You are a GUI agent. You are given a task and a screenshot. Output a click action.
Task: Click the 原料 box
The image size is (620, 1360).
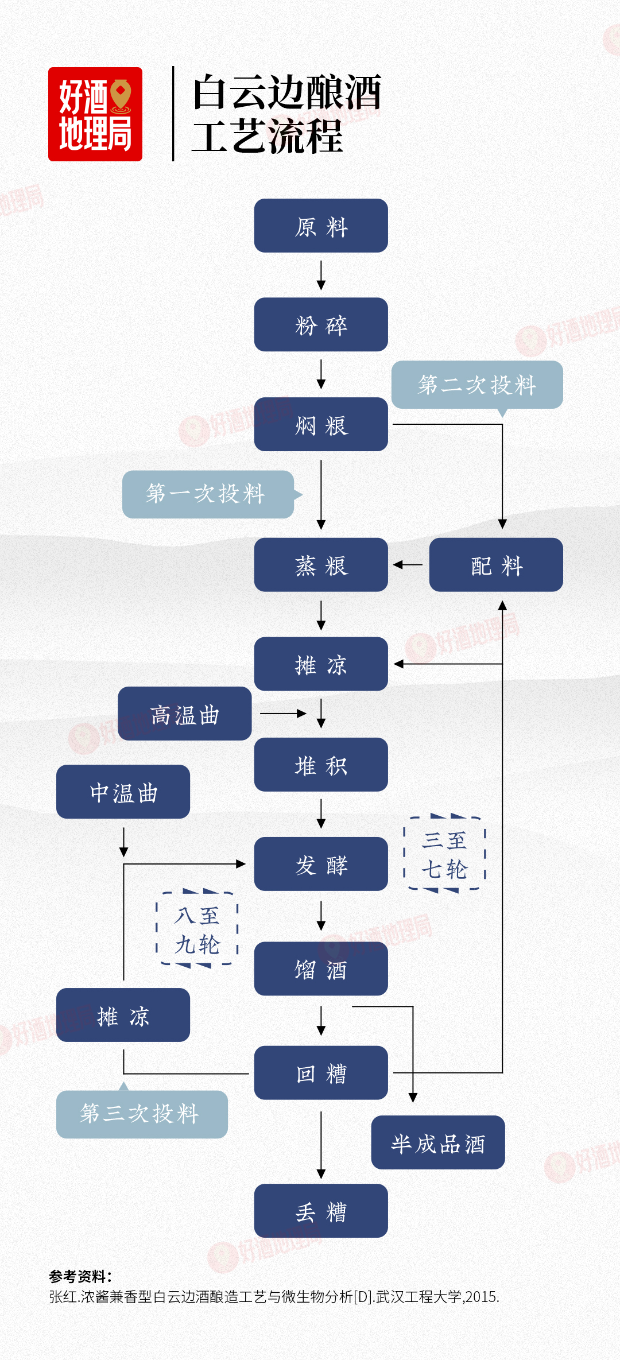(x=321, y=226)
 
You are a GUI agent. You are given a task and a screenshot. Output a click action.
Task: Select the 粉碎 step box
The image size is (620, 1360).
(x=321, y=324)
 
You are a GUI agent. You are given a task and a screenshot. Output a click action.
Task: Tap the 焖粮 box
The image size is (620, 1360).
(x=321, y=424)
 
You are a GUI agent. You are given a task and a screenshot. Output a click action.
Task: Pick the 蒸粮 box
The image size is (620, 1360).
(x=321, y=565)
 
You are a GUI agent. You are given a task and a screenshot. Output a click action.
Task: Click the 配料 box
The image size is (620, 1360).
(x=496, y=565)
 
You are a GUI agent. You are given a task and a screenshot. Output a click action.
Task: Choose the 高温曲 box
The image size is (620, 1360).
(x=184, y=714)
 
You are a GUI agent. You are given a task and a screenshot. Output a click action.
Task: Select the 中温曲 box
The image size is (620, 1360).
(x=123, y=792)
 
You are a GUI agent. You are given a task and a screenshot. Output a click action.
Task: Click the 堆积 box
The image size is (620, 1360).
(x=321, y=765)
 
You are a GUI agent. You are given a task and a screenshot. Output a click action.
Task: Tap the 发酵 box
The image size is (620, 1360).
(x=321, y=864)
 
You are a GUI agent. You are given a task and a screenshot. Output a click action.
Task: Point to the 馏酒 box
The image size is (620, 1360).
(x=321, y=969)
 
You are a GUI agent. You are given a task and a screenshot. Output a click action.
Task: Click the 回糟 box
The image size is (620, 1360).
(x=321, y=1073)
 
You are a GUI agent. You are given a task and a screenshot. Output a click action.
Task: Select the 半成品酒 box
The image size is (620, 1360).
(x=438, y=1142)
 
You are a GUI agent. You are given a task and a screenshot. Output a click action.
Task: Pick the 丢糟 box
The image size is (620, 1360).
(x=321, y=1211)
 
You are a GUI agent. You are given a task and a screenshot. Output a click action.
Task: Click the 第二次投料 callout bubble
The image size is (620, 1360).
(x=477, y=385)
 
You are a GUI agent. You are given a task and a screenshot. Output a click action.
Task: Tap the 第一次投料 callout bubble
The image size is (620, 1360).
(x=208, y=494)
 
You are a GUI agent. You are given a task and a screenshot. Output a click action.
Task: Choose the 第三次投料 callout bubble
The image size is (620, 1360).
(x=142, y=1114)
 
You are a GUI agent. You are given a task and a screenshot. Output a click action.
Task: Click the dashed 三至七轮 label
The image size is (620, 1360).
(x=445, y=854)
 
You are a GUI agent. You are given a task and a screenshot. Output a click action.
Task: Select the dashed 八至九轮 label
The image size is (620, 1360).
(x=197, y=929)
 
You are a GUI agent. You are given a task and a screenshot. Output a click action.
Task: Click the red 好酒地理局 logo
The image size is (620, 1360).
(x=95, y=114)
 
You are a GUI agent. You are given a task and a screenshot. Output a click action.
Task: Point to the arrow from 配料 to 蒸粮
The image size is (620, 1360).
(x=408, y=565)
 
